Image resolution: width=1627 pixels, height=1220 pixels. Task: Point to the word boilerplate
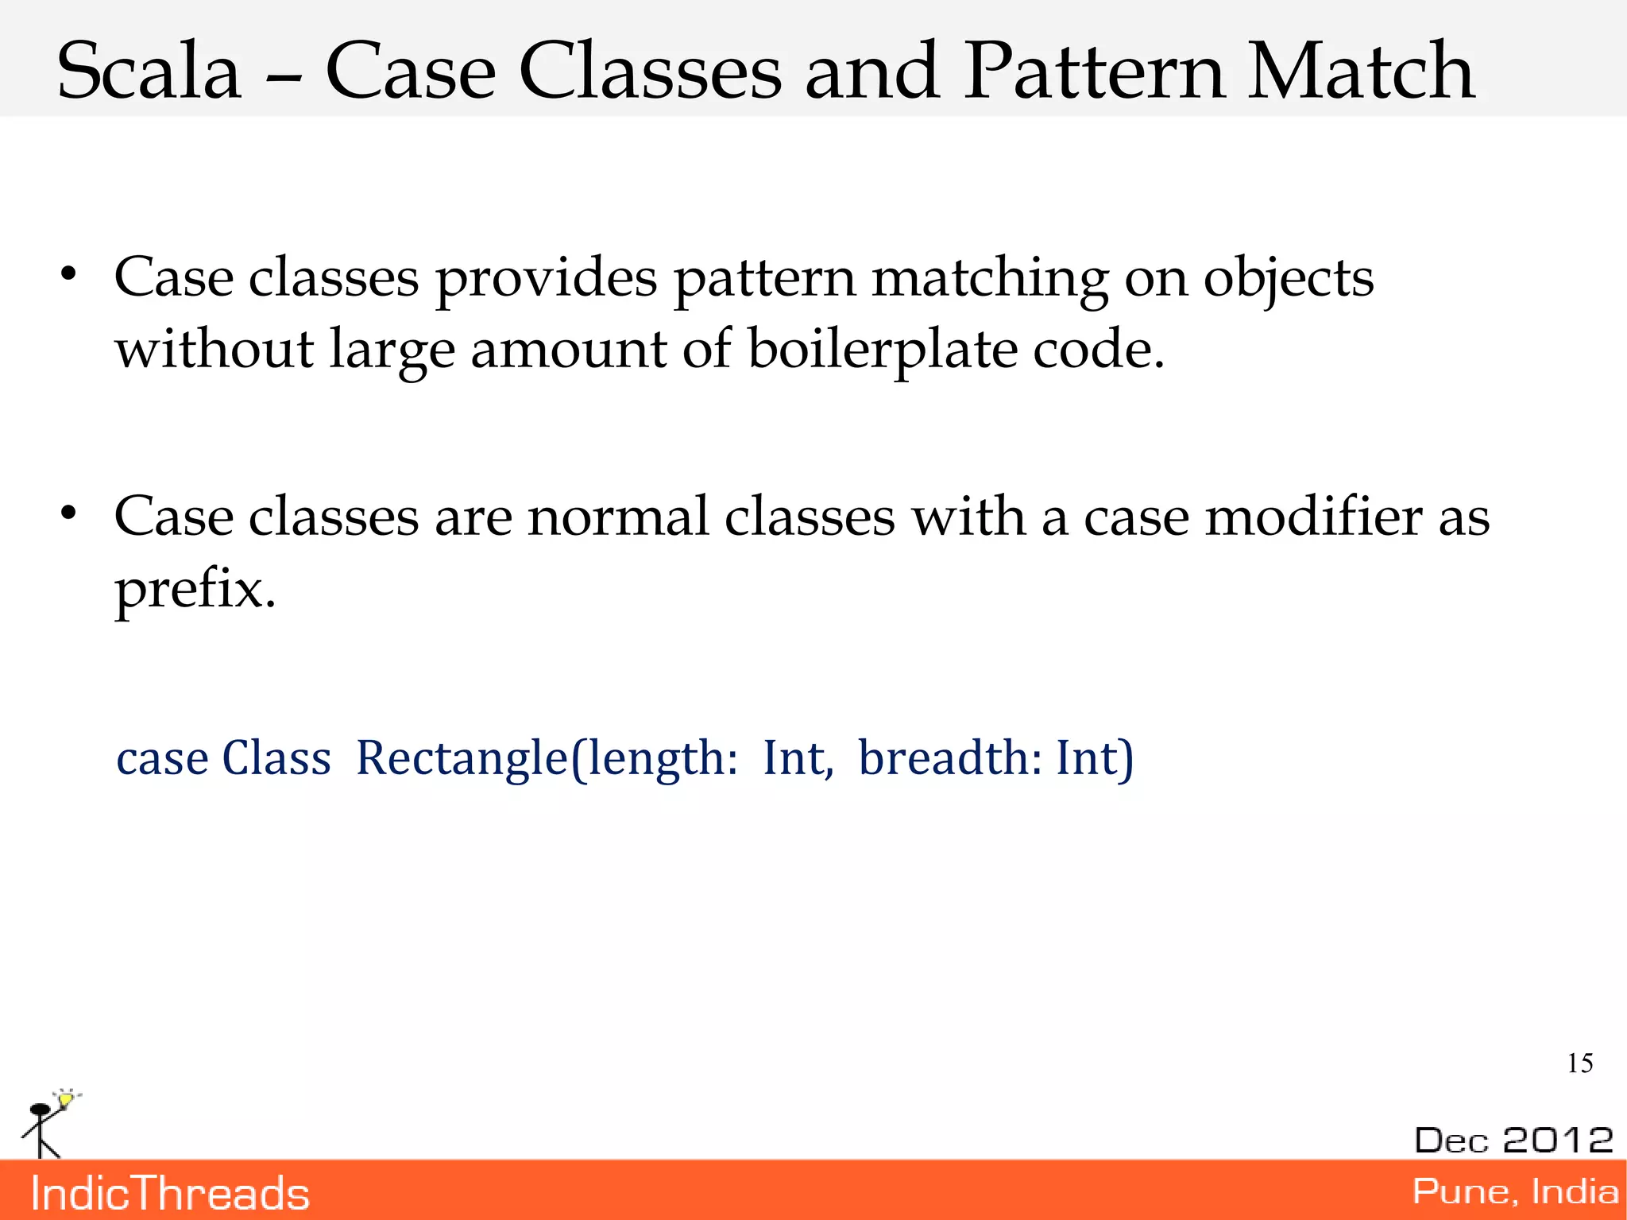coord(882,350)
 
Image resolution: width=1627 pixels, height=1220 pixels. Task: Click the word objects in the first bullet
coord(1288,280)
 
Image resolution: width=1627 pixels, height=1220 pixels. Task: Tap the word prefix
coord(195,590)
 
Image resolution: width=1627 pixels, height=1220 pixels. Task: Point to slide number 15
coord(1579,1063)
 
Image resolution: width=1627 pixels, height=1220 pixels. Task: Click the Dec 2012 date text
coord(1513,1140)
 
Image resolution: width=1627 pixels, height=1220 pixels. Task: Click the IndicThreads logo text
coord(170,1194)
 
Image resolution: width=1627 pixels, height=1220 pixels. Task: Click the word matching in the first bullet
coord(989,280)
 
